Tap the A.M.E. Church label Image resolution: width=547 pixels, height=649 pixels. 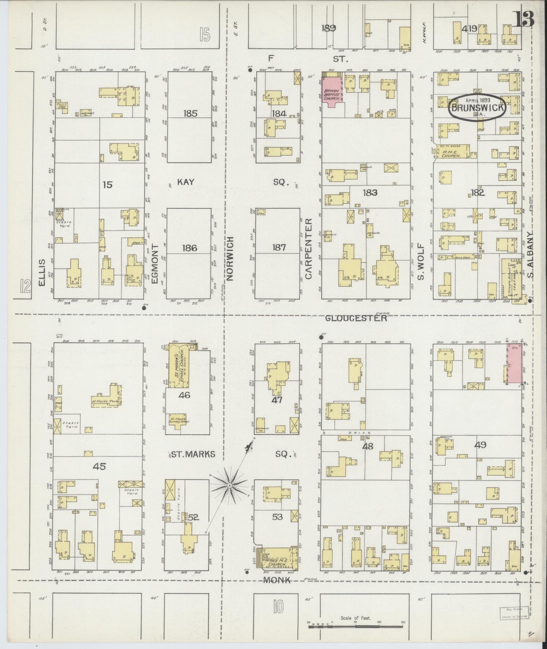click(451, 154)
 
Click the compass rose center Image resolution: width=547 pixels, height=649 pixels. click(230, 486)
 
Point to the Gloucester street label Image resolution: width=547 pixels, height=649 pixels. click(356, 318)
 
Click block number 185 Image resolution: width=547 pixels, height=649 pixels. click(190, 113)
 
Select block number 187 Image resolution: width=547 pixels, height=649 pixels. click(279, 247)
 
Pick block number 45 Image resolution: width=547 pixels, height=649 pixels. click(99, 466)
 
